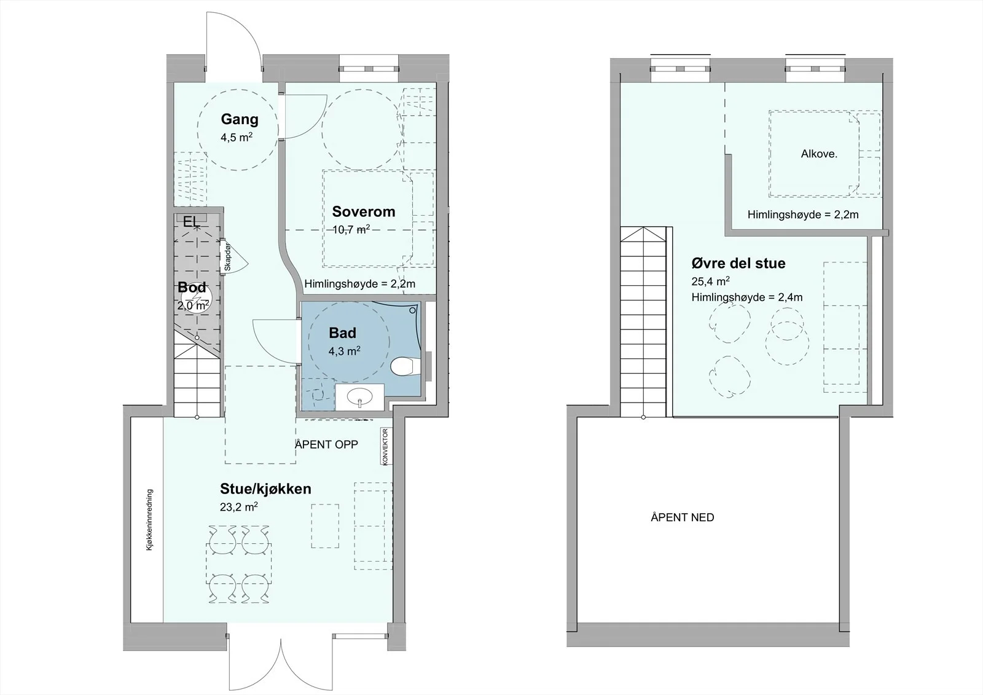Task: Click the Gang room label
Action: (239, 119)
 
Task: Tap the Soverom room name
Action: (363, 211)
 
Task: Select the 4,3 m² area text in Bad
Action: (345, 351)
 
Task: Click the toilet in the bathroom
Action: (405, 366)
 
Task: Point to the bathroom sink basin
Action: (360, 398)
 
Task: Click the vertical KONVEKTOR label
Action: (385, 447)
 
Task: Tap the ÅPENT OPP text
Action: (326, 444)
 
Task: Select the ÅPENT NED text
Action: (683, 517)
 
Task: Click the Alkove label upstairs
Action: (819, 154)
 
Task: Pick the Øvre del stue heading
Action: (738, 264)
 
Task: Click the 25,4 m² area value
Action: (710, 281)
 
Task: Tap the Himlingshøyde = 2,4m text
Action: (747, 297)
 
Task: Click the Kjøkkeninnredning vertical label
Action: (150, 520)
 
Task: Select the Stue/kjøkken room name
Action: (265, 489)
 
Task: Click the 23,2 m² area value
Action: (239, 506)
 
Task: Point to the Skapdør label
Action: (227, 257)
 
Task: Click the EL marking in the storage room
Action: (191, 222)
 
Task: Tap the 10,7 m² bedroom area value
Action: (351, 229)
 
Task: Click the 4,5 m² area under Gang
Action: (237, 138)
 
